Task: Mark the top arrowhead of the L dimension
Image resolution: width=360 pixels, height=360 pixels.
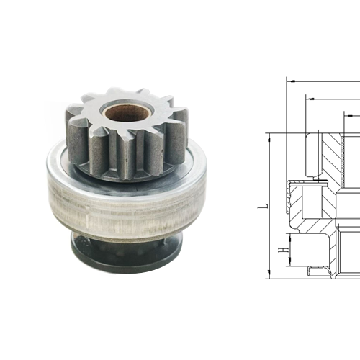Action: coord(268,137)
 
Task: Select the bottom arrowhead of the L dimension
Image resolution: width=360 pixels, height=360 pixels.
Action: coord(268,274)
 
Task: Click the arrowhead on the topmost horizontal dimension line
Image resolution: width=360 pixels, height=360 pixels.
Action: coord(292,81)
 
